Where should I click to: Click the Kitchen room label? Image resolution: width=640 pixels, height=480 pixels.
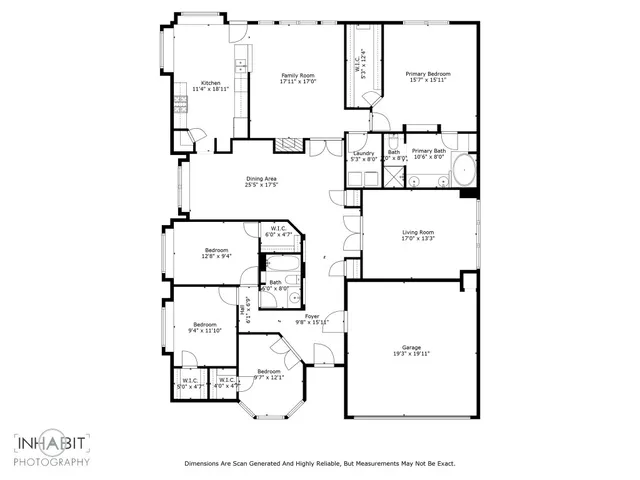pyautogui.click(x=210, y=83)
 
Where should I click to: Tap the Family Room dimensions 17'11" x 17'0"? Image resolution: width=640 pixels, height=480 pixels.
pyautogui.click(x=297, y=82)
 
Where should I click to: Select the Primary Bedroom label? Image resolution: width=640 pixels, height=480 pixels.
pyautogui.click(x=427, y=74)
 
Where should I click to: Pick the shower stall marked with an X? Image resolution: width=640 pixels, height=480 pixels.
pyautogui.click(x=395, y=179)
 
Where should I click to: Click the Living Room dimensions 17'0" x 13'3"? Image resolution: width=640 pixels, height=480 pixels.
pyautogui.click(x=418, y=239)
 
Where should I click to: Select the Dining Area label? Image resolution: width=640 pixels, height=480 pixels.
pyautogui.click(x=261, y=178)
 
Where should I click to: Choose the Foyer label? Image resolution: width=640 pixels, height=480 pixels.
pyautogui.click(x=313, y=316)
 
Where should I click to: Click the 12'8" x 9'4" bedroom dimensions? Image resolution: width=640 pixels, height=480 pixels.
pyautogui.click(x=217, y=256)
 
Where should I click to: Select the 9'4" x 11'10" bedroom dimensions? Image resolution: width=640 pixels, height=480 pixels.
pyautogui.click(x=205, y=331)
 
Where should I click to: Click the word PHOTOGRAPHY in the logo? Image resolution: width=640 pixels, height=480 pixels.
pyautogui.click(x=52, y=461)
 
